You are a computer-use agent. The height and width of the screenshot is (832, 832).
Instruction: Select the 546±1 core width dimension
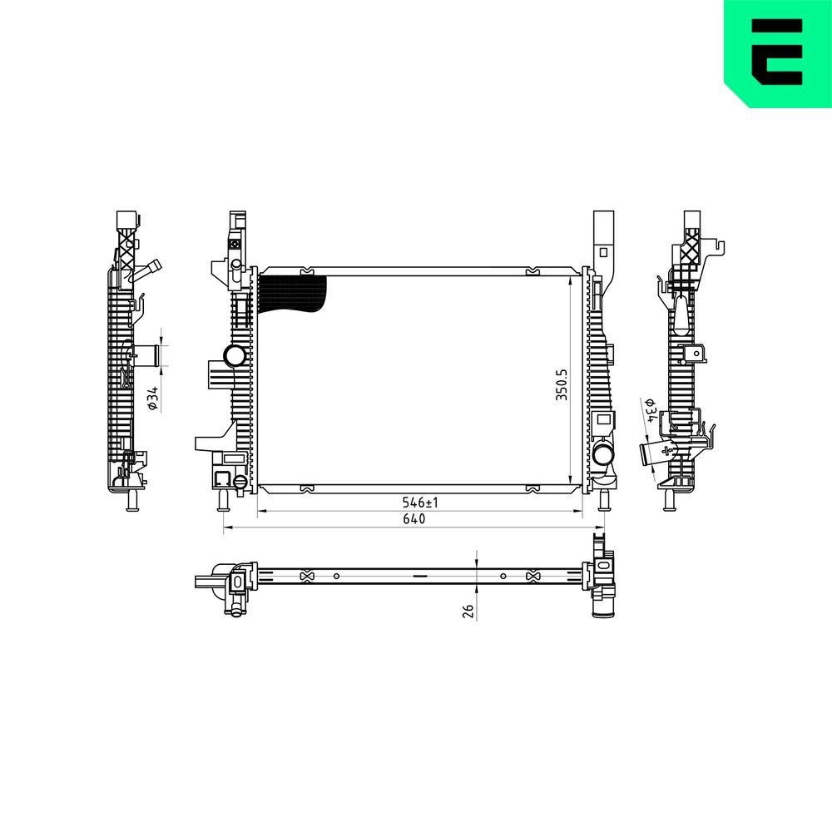pyautogui.click(x=420, y=503)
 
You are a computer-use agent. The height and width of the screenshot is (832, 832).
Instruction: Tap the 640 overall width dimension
pyautogui.click(x=414, y=520)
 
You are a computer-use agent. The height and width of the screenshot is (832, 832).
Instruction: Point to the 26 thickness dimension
pyautogui.click(x=468, y=611)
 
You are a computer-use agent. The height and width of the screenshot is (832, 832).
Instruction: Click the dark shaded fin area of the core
pyautogui.click(x=291, y=293)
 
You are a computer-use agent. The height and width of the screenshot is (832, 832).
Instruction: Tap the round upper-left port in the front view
pyautogui.click(x=235, y=357)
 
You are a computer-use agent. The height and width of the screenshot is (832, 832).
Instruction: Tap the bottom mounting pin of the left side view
pyautogui.click(x=131, y=503)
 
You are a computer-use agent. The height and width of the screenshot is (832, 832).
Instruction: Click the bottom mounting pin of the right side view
pyautogui.click(x=669, y=503)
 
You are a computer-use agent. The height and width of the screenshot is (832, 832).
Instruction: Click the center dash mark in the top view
pyautogui.click(x=419, y=576)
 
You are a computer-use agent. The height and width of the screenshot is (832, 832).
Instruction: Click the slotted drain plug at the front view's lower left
pyautogui.click(x=239, y=482)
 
